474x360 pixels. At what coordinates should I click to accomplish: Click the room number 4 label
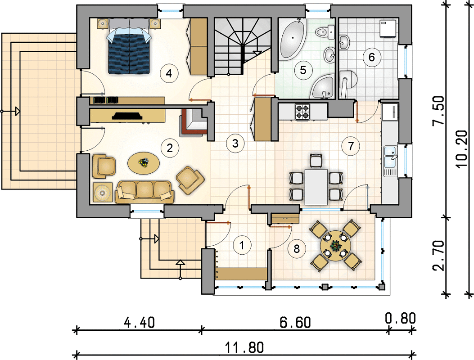click(169, 73)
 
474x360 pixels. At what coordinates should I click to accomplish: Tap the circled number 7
click(351, 146)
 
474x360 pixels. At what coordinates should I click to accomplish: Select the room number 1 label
click(242, 245)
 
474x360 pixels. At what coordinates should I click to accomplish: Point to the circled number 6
click(371, 57)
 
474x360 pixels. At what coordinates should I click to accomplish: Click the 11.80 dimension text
click(244, 348)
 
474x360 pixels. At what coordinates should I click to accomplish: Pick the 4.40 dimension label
click(140, 323)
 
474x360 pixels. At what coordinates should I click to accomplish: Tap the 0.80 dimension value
click(400, 319)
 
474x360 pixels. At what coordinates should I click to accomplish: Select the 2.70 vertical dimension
click(438, 256)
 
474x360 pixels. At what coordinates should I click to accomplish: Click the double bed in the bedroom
click(129, 46)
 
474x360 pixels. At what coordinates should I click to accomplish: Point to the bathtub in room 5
click(292, 38)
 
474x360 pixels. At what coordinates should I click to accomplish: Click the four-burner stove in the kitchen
click(302, 111)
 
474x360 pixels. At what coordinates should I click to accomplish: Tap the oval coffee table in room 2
click(144, 163)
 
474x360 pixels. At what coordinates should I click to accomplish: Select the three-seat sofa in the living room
click(145, 192)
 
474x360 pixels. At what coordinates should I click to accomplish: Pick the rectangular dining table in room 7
click(316, 187)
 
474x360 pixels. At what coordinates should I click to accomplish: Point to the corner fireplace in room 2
click(194, 121)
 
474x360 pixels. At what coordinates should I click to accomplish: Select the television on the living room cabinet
click(127, 116)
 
